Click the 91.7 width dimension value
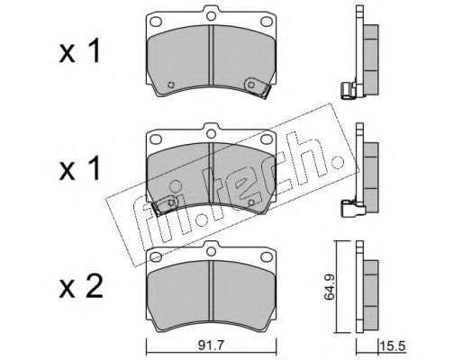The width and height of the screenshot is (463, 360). [x=211, y=346]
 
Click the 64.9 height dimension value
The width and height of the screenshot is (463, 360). [x=329, y=287]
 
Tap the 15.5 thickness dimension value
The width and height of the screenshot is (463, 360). [x=394, y=346]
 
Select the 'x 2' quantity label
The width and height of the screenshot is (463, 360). [x=81, y=286]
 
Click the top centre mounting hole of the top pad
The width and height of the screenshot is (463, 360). [x=212, y=15]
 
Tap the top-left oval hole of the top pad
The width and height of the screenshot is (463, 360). [x=156, y=22]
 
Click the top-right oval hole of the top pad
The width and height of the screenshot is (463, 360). [x=267, y=22]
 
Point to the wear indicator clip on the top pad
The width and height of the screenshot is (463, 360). [x=256, y=87]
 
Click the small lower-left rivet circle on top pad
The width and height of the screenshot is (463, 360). [x=171, y=85]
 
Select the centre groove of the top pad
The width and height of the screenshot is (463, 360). [x=211, y=56]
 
